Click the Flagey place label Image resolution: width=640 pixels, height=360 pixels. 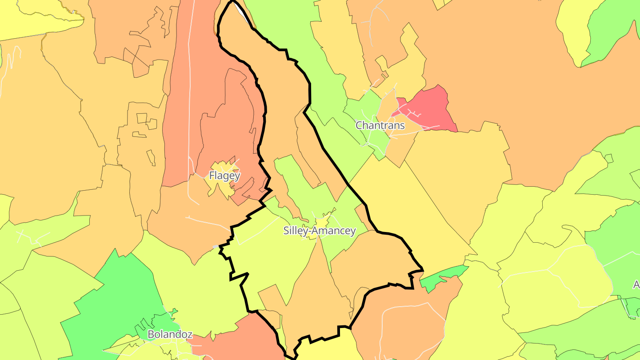coord(224,176)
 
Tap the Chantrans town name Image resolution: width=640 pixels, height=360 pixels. coord(380,125)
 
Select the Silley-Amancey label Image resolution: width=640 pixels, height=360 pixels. coord(320,231)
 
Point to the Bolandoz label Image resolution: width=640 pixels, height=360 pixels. coord(170,334)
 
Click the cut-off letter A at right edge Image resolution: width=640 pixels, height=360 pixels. coord(636,284)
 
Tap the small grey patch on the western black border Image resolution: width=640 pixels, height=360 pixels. coord(216,246)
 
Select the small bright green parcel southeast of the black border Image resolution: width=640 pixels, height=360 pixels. coord(442,278)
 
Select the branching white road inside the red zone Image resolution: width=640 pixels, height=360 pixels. coord(411,111)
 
